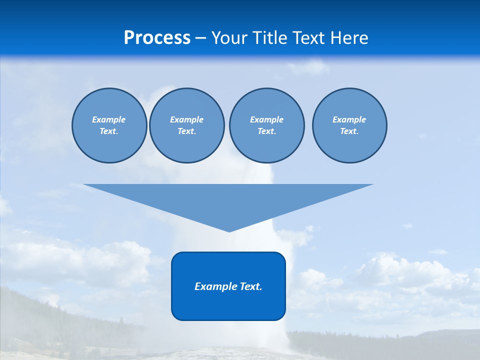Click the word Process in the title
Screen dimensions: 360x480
[157, 38]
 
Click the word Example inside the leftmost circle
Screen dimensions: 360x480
[109, 119]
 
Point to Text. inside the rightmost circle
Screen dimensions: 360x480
[349, 131]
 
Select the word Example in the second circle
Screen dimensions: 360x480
[186, 119]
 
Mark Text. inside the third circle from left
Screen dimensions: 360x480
[266, 131]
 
